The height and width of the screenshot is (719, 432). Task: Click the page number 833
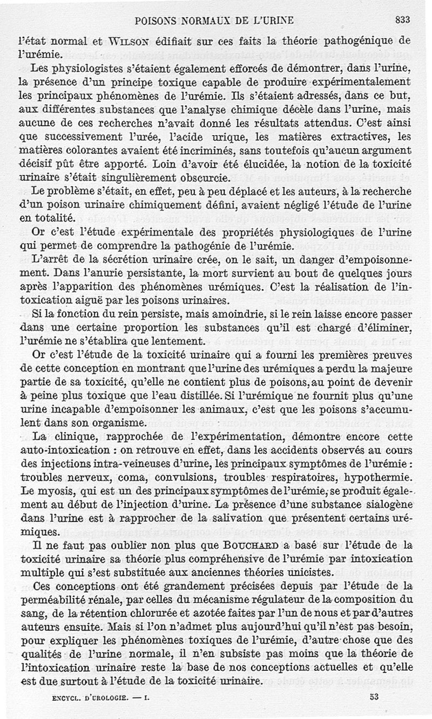pos(403,20)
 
